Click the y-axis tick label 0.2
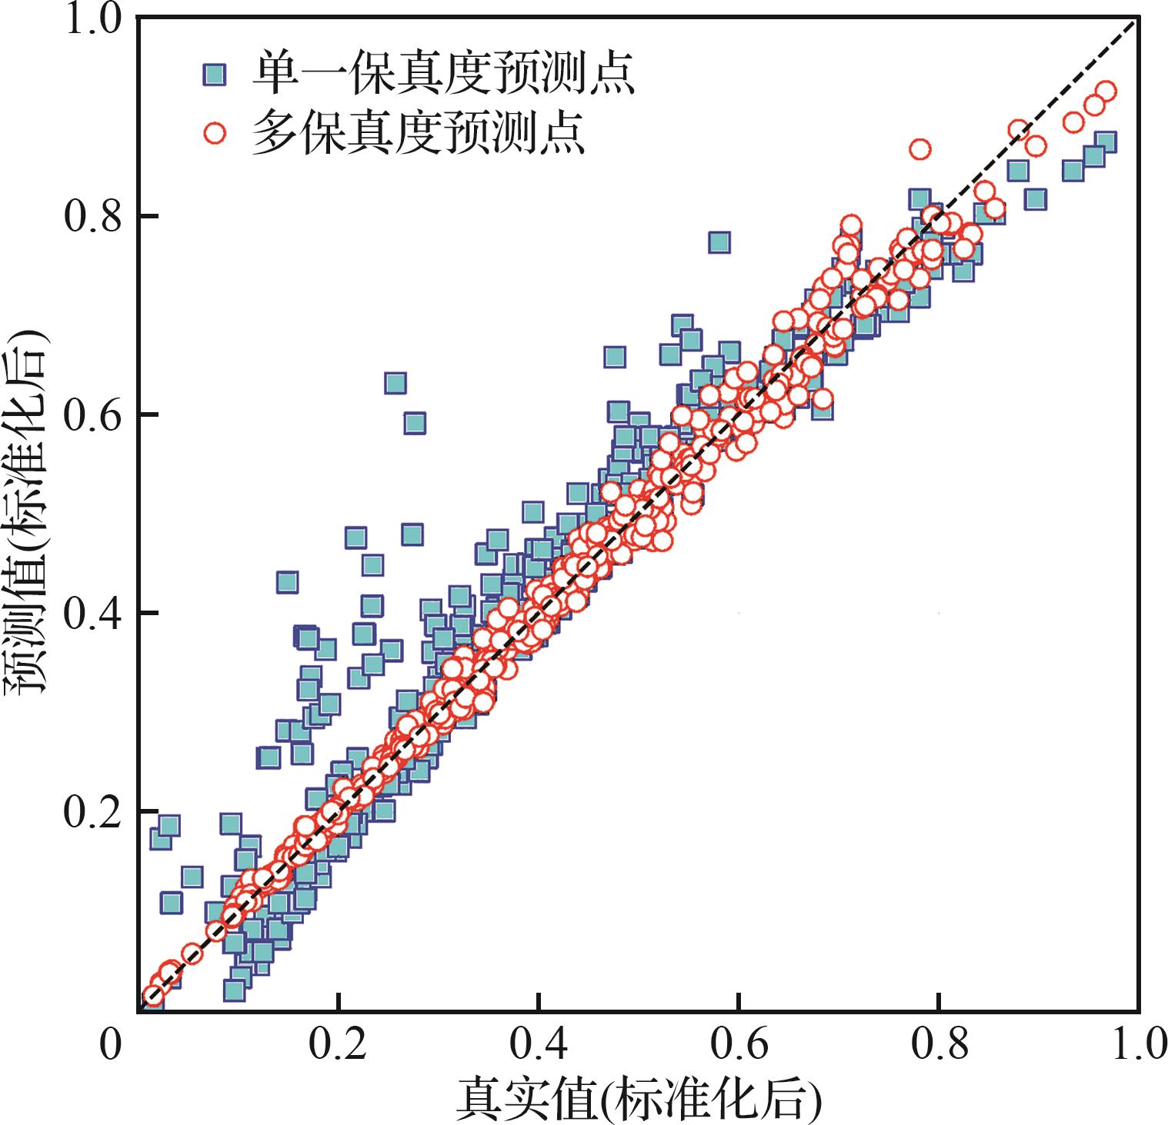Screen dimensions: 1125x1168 (91, 810)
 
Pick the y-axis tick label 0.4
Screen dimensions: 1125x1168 (91, 613)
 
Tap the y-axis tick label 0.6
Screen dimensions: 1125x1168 (91, 414)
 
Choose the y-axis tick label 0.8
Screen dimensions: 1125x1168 (91, 216)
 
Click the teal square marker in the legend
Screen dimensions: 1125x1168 (215, 75)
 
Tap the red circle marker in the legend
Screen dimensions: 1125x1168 (215, 133)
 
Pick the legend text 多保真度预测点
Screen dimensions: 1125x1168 (419, 133)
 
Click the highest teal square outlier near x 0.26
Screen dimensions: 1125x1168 (395, 384)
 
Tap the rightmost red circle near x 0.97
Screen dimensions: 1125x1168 (1106, 92)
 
